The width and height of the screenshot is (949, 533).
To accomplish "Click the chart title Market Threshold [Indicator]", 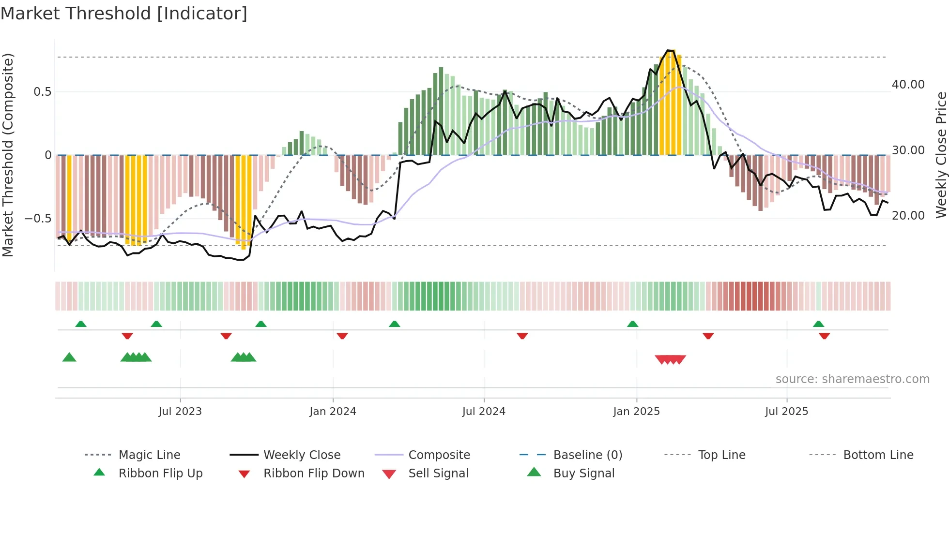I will pyautogui.click(x=124, y=14).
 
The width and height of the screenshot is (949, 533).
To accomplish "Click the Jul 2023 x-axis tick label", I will pyautogui.click(x=180, y=412).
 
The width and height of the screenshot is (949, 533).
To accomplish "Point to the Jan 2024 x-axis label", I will pyautogui.click(x=333, y=412).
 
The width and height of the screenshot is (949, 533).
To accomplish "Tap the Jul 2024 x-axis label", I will pyautogui.click(x=484, y=412).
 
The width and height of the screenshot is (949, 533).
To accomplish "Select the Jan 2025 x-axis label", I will pyautogui.click(x=636, y=412).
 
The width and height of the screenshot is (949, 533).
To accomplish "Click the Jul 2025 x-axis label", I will pyautogui.click(x=787, y=412).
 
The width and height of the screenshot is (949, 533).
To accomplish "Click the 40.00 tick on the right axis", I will pyautogui.click(x=908, y=85).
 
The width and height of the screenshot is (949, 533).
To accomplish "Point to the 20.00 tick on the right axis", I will pyautogui.click(x=908, y=216).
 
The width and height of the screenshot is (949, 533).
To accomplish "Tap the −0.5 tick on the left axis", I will pyautogui.click(x=38, y=219).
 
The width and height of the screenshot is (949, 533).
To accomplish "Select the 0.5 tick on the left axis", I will pyautogui.click(x=42, y=92).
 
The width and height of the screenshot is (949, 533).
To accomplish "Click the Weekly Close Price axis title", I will pyautogui.click(x=941, y=155).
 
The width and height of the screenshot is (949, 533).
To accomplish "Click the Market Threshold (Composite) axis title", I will pyautogui.click(x=8, y=155).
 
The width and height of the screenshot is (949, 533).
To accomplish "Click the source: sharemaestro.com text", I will pyautogui.click(x=852, y=379).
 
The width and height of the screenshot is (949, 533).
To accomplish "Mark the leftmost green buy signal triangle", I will pyautogui.click(x=69, y=357).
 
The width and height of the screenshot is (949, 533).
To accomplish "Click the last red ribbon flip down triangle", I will pyautogui.click(x=825, y=336).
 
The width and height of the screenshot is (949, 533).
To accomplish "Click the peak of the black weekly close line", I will pyautogui.click(x=669, y=50).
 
